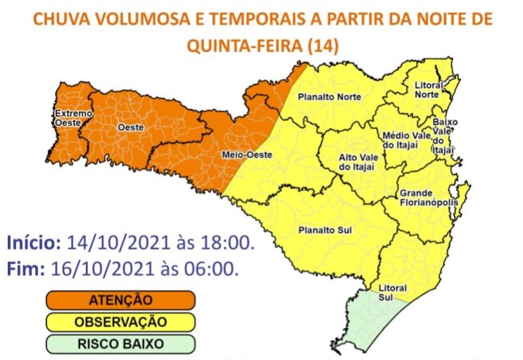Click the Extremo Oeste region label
[x=73, y=118]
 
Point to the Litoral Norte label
[x=429, y=90]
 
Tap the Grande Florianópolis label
[x=428, y=198]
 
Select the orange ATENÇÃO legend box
[x=120, y=300]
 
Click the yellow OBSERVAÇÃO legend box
[x=120, y=322]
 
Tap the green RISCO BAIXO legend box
[x=120, y=345]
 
